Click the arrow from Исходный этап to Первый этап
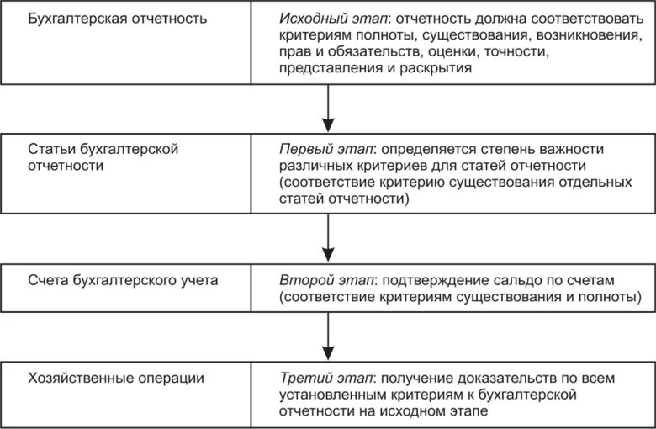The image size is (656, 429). tap(327, 106)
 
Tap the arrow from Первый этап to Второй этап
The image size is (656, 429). tap(327, 241)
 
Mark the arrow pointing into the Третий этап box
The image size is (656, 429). tap(327, 337)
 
